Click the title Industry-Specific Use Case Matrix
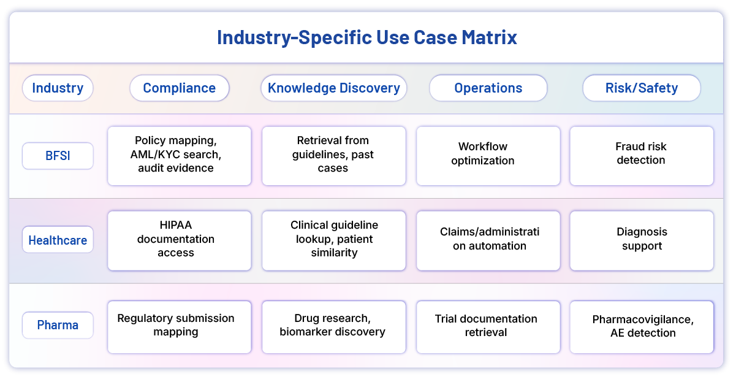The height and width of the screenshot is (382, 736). click(x=367, y=37)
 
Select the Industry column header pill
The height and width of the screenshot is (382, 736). click(x=58, y=88)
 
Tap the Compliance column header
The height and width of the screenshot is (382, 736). click(x=179, y=88)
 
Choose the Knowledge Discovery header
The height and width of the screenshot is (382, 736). click(x=333, y=88)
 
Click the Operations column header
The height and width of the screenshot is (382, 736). click(x=488, y=88)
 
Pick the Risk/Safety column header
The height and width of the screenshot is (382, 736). click(x=641, y=88)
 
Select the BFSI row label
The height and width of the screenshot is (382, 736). click(x=58, y=156)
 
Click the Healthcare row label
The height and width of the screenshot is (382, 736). click(x=58, y=240)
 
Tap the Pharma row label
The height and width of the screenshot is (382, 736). click(x=58, y=325)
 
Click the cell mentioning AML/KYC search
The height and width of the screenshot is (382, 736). click(x=179, y=156)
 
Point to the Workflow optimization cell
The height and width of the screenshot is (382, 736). click(x=488, y=156)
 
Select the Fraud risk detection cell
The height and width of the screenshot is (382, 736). click(x=641, y=156)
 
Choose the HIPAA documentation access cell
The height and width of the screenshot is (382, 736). click(x=179, y=240)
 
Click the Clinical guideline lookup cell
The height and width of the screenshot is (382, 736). click(x=333, y=240)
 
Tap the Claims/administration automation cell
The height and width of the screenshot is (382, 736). click(x=488, y=240)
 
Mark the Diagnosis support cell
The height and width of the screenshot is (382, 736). click(x=641, y=240)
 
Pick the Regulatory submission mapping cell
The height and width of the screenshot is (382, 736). click(x=179, y=326)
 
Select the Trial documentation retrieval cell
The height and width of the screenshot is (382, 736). click(x=488, y=326)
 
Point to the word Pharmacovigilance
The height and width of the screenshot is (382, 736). click(x=642, y=319)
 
